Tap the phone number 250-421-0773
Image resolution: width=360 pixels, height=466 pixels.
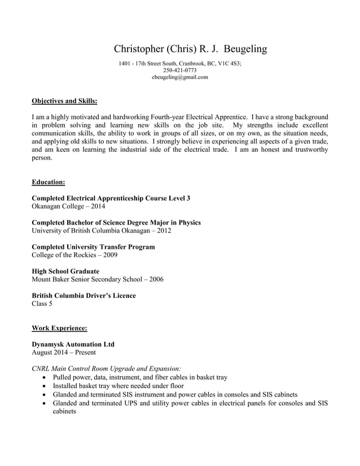pyautogui.click(x=179, y=71)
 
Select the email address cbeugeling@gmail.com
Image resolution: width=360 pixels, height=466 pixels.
pyautogui.click(x=179, y=77)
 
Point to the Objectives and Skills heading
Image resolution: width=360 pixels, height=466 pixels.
pyautogui.click(x=64, y=102)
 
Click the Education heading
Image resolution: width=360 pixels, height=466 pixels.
pyautogui.click(x=49, y=182)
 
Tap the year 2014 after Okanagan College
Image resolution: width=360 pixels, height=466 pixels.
pyautogui.click(x=96, y=206)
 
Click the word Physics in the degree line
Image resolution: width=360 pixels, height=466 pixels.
pyautogui.click(x=189, y=223)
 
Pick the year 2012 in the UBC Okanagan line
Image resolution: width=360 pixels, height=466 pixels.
pyautogui.click(x=163, y=231)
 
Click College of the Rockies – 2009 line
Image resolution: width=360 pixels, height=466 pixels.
pyautogui.click(x=74, y=255)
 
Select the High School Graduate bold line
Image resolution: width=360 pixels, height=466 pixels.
pyautogui.click(x=65, y=271)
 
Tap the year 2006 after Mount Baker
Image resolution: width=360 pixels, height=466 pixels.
pyautogui.click(x=155, y=279)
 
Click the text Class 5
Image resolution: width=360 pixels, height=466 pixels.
pyautogui.click(x=42, y=304)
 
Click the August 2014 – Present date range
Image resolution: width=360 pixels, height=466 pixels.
pyautogui.click(x=64, y=352)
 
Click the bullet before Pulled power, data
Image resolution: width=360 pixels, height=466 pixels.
pyautogui.click(x=45, y=377)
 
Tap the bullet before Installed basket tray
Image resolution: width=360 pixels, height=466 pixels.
pyautogui.click(x=45, y=385)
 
